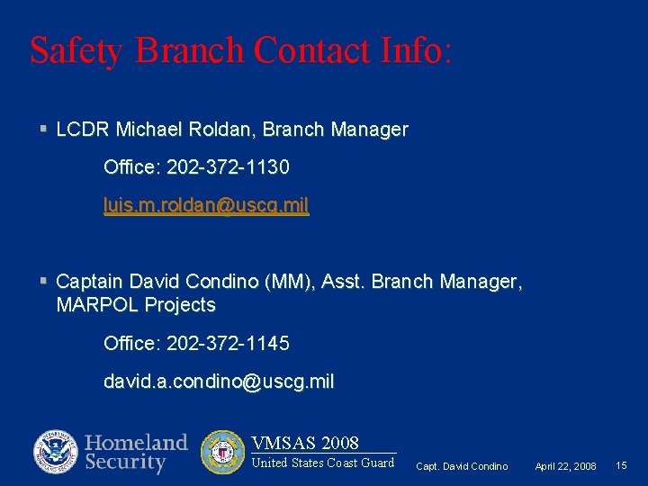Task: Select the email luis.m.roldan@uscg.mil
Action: tap(206, 206)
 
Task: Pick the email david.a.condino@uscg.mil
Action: tap(219, 382)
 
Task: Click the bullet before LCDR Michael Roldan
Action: tap(44, 130)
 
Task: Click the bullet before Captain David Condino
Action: tap(44, 282)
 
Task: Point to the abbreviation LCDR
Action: tap(83, 130)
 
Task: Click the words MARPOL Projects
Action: tap(136, 305)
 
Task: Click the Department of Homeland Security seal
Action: tap(56, 452)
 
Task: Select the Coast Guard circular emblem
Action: tap(222, 452)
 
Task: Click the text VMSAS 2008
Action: tap(305, 442)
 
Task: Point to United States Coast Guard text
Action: tap(323, 463)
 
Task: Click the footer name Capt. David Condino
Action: tap(462, 466)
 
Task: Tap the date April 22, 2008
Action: tap(565, 466)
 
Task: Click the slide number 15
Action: tap(621, 466)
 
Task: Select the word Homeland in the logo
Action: tap(137, 442)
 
